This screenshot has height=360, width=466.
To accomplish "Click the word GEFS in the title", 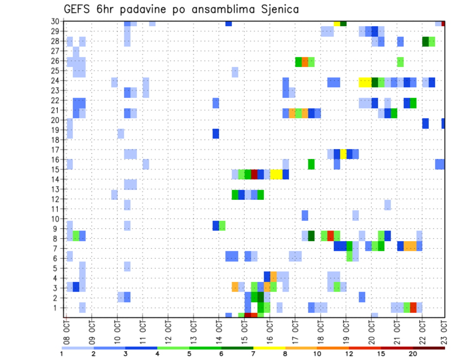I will tap(79, 9).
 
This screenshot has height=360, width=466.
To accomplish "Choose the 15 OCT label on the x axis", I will tap(244, 332).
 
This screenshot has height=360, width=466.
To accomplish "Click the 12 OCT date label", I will tap(168, 332).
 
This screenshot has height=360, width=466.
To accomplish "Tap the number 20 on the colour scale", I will tap(413, 353).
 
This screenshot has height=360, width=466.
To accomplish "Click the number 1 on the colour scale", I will tap(62, 353).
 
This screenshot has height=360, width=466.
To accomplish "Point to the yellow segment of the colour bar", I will tap(269, 348).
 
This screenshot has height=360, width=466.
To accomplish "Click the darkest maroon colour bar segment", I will tap(429, 348).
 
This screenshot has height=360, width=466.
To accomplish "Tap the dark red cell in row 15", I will tap(254, 174).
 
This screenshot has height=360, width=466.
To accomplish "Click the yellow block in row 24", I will tap(365, 82).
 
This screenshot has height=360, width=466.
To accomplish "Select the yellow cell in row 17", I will tap(343, 154).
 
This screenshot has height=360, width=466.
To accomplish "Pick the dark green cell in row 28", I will tap(425, 41).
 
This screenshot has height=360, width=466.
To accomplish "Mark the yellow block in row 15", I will tap(276, 174).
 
